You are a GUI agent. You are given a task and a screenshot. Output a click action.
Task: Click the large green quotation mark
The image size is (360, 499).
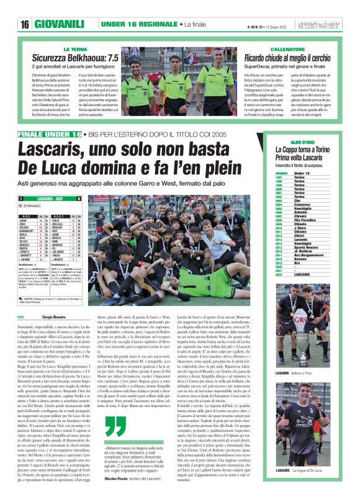(115, 426)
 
